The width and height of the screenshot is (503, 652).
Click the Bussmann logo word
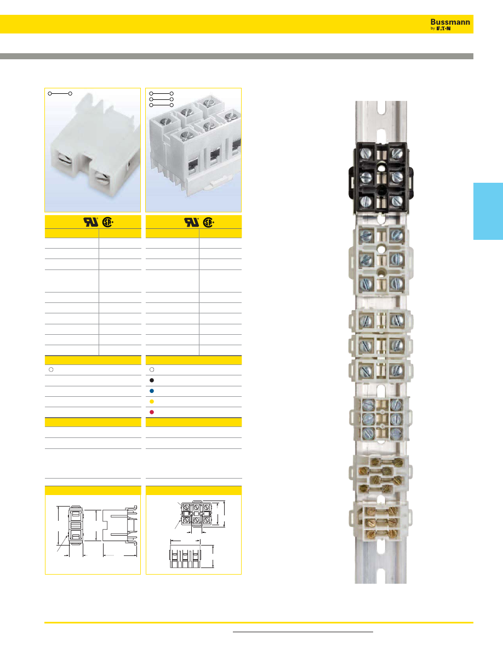tap(450, 22)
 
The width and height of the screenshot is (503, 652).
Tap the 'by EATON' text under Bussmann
tap(441, 29)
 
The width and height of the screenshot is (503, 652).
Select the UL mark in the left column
tap(91, 222)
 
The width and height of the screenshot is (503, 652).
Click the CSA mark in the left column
tap(108, 222)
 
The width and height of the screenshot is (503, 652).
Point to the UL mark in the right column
tap(192, 222)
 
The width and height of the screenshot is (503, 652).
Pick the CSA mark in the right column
tap(209, 222)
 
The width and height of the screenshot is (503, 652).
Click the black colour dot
tap(152, 380)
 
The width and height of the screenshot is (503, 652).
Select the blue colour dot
tap(152, 391)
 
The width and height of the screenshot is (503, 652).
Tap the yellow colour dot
tap(152, 401)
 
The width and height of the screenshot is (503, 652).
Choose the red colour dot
tap(152, 412)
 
